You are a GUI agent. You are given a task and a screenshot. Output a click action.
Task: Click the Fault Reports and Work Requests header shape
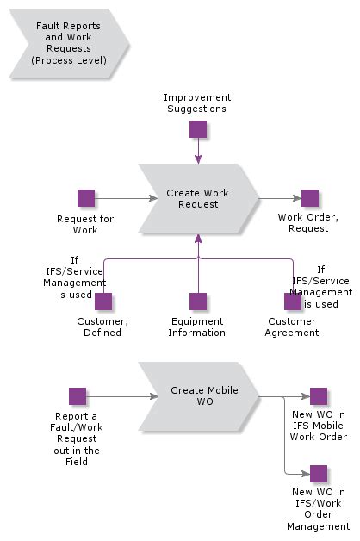pyautogui.click(x=67, y=44)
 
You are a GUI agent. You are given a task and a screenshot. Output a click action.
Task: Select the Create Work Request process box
pyautogui.click(x=197, y=199)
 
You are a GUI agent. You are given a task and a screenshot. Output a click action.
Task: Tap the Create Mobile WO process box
pyautogui.click(x=197, y=396)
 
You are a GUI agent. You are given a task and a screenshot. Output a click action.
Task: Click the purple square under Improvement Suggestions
pyautogui.click(x=198, y=129)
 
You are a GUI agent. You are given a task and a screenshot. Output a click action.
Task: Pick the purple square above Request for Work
pyautogui.click(x=86, y=198)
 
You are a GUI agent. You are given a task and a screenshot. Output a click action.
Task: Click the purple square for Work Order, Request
pyautogui.click(x=310, y=198)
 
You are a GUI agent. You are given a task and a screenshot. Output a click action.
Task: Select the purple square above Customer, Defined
pyautogui.click(x=103, y=302)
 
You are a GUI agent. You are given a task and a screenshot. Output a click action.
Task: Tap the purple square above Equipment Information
pyautogui.click(x=198, y=302)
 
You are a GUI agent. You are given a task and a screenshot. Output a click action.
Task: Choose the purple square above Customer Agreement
pyautogui.click(x=293, y=302)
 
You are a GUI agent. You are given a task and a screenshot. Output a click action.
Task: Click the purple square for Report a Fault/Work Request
pyautogui.click(x=78, y=396)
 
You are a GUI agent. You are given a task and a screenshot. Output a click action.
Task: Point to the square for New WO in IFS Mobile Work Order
pyautogui.click(x=319, y=396)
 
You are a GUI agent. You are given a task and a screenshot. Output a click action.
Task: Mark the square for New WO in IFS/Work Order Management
pyautogui.click(x=319, y=474)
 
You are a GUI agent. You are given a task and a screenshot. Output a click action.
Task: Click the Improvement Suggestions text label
pyautogui.click(x=197, y=103)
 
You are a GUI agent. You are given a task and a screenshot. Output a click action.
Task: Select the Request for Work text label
pyautogui.click(x=85, y=224)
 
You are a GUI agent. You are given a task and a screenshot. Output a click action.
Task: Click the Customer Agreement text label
pyautogui.click(x=292, y=327)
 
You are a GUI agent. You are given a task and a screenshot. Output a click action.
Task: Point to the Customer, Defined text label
pyautogui.click(x=102, y=327)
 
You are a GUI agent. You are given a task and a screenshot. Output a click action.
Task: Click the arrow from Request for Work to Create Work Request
pyautogui.click(x=121, y=198)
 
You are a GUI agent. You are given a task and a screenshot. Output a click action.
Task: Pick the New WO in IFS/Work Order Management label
pyautogui.click(x=320, y=508)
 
